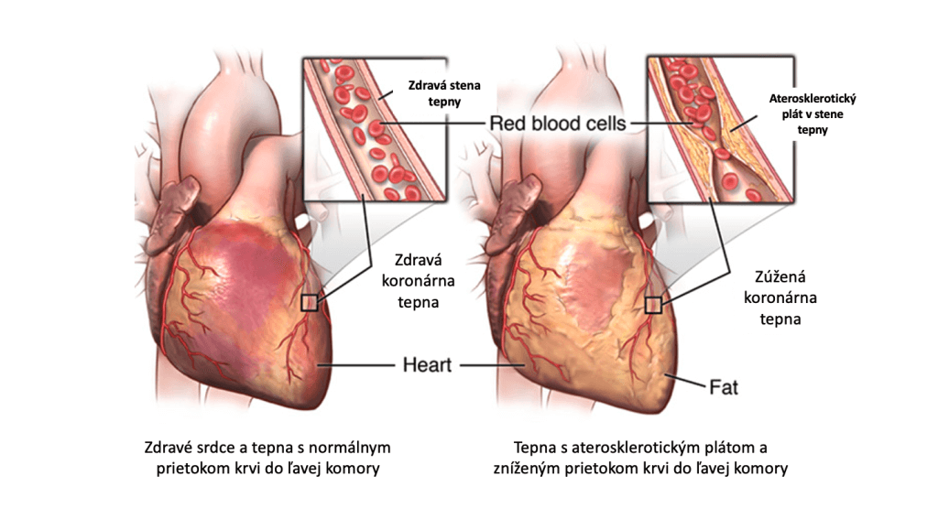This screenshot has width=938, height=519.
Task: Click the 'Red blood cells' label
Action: click(x=557, y=123)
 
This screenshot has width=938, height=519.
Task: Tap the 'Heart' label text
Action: click(x=428, y=364)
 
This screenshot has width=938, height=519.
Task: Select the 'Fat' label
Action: click(x=724, y=386)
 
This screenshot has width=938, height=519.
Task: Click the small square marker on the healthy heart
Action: click(x=310, y=303)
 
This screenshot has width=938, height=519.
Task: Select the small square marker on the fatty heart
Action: click(x=653, y=306)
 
